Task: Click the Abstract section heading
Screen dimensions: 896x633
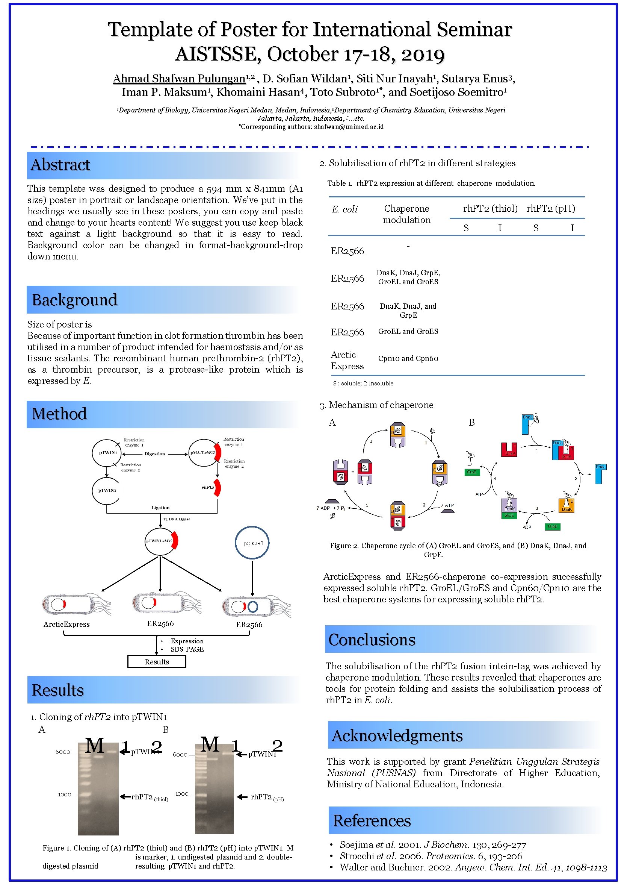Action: [x=60, y=165]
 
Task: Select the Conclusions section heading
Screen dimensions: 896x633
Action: [x=372, y=640]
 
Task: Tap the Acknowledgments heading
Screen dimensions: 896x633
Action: [x=397, y=735]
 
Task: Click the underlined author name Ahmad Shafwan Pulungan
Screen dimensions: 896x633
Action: [x=179, y=79]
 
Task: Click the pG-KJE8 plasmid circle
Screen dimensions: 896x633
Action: [x=252, y=543]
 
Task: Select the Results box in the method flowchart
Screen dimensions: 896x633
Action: [x=157, y=662]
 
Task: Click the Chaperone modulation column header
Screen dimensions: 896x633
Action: [x=407, y=214]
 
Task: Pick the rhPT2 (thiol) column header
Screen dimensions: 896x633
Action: [x=490, y=209]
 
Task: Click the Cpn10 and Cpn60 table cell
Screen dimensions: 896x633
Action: [x=408, y=359]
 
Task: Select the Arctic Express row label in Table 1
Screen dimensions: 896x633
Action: [x=347, y=361]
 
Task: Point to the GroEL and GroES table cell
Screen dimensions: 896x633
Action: [x=408, y=332]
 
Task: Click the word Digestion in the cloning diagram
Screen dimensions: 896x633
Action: [x=155, y=454]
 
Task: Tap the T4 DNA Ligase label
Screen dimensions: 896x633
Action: [x=176, y=519]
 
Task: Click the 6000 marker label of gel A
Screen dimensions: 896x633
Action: [x=63, y=752]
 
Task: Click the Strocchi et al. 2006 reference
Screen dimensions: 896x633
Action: [x=431, y=856]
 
